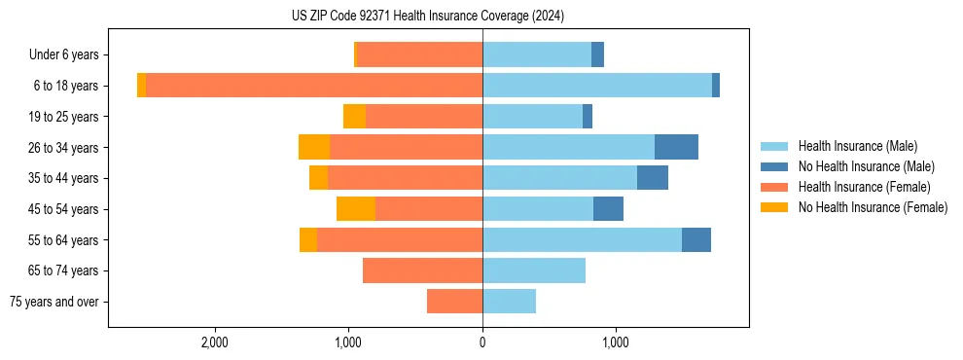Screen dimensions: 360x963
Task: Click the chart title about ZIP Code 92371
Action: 427,17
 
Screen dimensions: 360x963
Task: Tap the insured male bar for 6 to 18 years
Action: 596,86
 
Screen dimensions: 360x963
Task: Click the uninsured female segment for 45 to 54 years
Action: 356,209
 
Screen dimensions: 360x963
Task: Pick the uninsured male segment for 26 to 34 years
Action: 676,147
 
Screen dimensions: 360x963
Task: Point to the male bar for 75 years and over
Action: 509,302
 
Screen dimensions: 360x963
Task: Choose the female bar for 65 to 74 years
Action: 422,270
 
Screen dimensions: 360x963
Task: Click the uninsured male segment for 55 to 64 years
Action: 695,239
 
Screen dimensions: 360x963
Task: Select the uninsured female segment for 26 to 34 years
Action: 314,147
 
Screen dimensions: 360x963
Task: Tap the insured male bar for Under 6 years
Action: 537,54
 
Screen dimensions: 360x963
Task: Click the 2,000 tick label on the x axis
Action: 214,342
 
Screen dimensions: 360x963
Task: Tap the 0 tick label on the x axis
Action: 482,342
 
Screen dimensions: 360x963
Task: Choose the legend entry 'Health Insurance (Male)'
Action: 857,146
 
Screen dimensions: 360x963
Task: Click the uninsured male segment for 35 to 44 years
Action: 652,178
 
